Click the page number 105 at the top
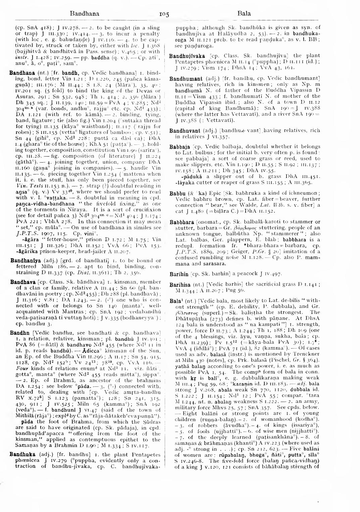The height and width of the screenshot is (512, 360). pyautogui.click(x=164, y=14)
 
